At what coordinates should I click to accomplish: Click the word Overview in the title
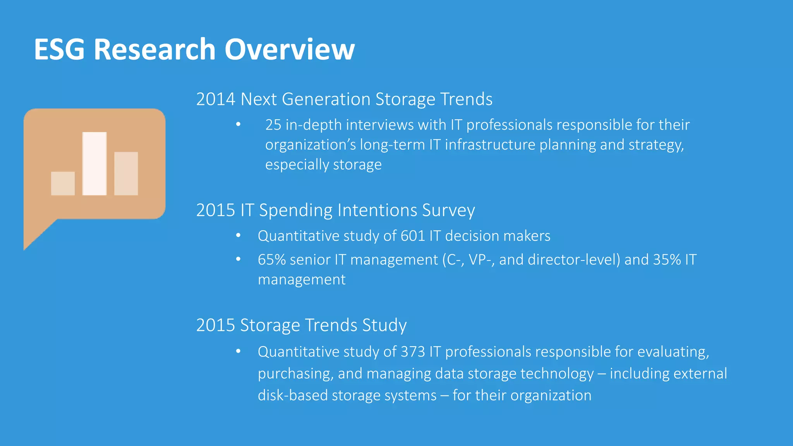click(289, 50)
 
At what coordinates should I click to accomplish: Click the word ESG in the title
click(59, 50)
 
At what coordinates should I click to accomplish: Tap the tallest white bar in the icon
click(94, 163)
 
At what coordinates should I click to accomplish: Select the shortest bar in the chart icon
click(63, 183)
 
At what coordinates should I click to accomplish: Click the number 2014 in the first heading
click(216, 99)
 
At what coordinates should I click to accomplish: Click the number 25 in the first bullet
click(273, 125)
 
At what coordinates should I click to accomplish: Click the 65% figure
click(272, 259)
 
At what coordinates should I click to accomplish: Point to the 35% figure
click(667, 259)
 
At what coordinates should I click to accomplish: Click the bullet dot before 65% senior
click(238, 259)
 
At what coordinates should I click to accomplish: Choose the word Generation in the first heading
click(326, 99)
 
